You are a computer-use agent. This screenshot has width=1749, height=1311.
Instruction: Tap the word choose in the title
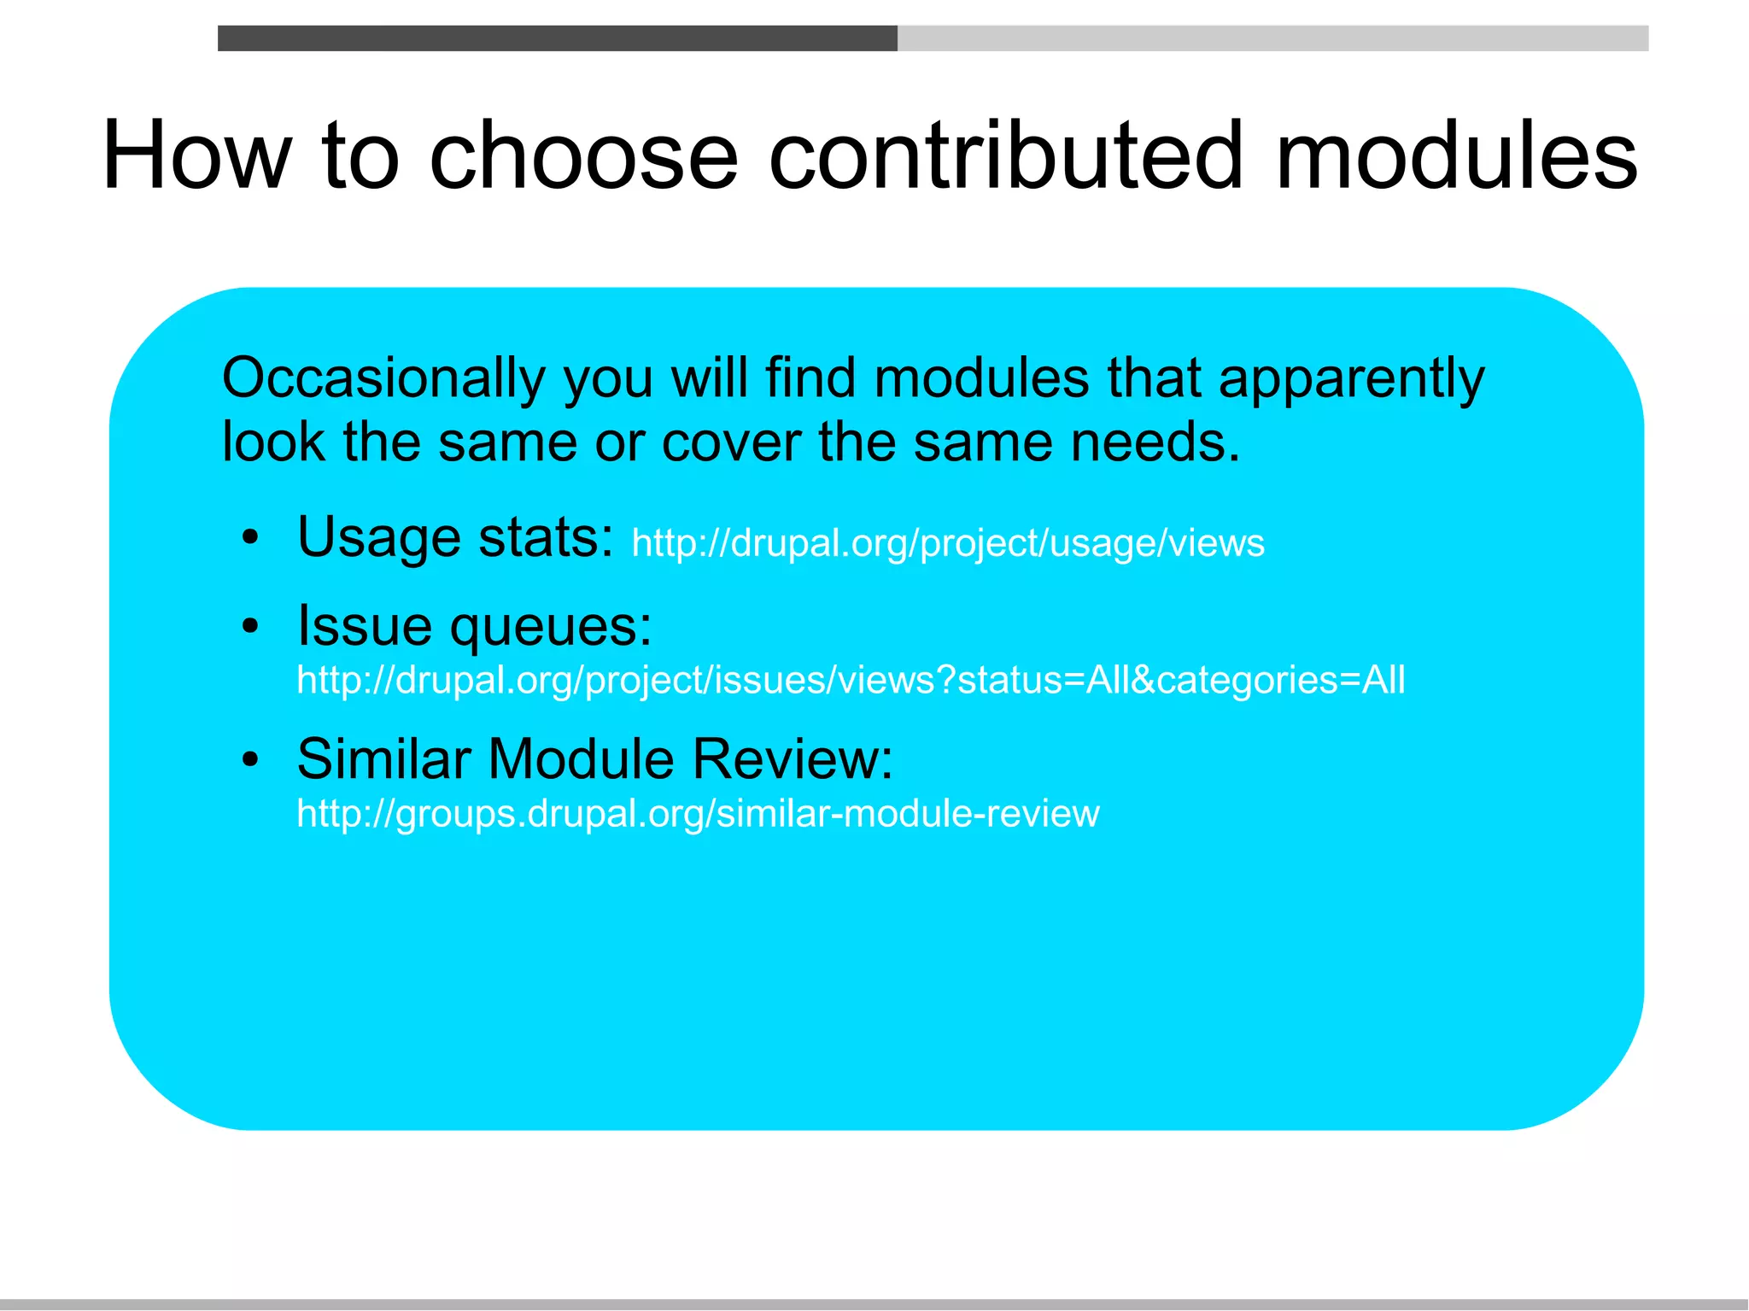point(582,155)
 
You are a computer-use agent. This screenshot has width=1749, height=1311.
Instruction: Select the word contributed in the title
point(1005,155)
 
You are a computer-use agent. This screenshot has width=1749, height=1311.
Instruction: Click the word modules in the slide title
point(1456,155)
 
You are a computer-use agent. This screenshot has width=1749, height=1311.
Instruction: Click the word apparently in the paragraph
point(1351,378)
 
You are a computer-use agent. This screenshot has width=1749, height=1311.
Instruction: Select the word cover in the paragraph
point(731,442)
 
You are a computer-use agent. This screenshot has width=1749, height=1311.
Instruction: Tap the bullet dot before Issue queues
point(249,627)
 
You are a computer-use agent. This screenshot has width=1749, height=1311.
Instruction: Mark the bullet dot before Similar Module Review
point(249,759)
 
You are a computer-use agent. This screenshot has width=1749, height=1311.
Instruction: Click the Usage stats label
point(455,537)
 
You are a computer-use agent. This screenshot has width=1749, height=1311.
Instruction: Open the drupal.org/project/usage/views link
point(948,543)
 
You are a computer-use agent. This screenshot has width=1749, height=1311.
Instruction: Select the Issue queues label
point(474,626)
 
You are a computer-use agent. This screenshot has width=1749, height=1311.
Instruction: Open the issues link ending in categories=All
point(851,681)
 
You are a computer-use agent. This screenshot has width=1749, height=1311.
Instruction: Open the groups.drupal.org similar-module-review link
point(698,813)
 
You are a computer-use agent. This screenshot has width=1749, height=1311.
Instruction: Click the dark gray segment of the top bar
point(557,38)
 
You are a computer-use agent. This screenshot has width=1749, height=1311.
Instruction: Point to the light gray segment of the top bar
point(1272,38)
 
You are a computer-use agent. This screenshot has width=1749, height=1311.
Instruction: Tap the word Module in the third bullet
point(582,758)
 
